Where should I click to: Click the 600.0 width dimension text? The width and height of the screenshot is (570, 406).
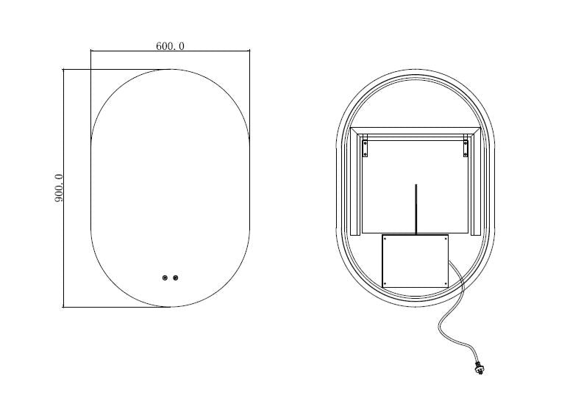[170, 46]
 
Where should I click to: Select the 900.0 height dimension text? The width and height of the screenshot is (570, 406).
[59, 189]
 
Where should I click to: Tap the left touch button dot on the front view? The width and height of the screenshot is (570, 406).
[165, 278]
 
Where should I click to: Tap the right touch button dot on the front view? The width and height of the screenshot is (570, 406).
[175, 278]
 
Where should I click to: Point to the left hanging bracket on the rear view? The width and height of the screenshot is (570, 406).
[365, 149]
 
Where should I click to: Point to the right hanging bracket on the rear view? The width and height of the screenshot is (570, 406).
[465, 149]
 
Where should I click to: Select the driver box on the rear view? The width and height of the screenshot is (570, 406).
[416, 261]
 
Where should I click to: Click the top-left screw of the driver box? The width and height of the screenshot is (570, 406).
[385, 238]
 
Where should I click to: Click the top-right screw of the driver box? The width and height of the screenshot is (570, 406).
[446, 238]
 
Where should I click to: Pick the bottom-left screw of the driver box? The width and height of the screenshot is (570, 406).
[385, 284]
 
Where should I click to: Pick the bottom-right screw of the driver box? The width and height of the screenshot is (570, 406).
[446, 284]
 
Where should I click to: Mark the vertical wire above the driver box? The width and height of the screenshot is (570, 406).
[416, 209]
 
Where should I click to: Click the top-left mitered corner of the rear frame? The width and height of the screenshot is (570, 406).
[353, 131]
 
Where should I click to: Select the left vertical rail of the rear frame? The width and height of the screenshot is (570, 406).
[356, 184]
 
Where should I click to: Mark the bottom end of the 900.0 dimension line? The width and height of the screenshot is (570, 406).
[64, 307]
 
